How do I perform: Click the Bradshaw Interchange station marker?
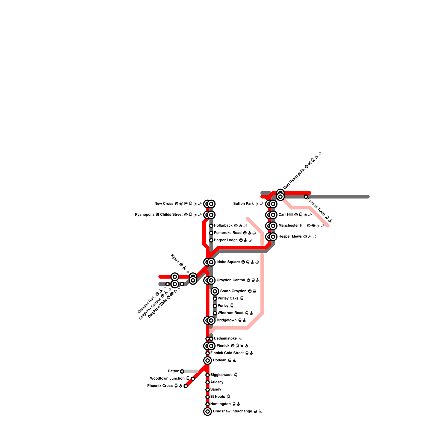(208, 411)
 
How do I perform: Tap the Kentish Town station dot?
(306, 197)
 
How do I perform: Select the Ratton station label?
(173, 371)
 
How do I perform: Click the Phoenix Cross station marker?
(186, 386)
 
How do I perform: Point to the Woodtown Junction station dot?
(193, 379)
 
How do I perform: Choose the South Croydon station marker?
(215, 291)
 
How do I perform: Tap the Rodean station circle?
(208, 361)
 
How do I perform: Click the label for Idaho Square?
(228, 262)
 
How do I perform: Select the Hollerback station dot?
(211, 226)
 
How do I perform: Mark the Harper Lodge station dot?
(211, 240)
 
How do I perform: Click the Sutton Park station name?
(244, 204)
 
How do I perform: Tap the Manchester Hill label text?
(292, 226)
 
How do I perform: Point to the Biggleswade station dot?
(208, 375)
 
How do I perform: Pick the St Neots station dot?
(208, 397)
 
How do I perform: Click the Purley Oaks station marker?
(215, 299)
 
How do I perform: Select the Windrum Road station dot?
(215, 313)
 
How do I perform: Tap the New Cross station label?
(164, 204)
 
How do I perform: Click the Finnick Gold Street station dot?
(208, 353)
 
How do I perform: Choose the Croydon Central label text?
(231, 280)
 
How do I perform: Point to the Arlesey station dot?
(208, 382)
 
